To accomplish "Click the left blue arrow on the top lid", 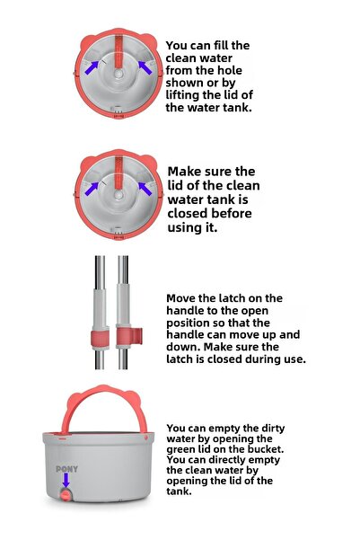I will (x=91, y=66).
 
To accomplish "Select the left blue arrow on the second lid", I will (x=91, y=188).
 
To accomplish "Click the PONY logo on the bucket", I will (x=66, y=468).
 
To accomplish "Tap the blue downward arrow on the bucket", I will (x=66, y=481).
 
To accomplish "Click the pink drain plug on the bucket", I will (x=66, y=497).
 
